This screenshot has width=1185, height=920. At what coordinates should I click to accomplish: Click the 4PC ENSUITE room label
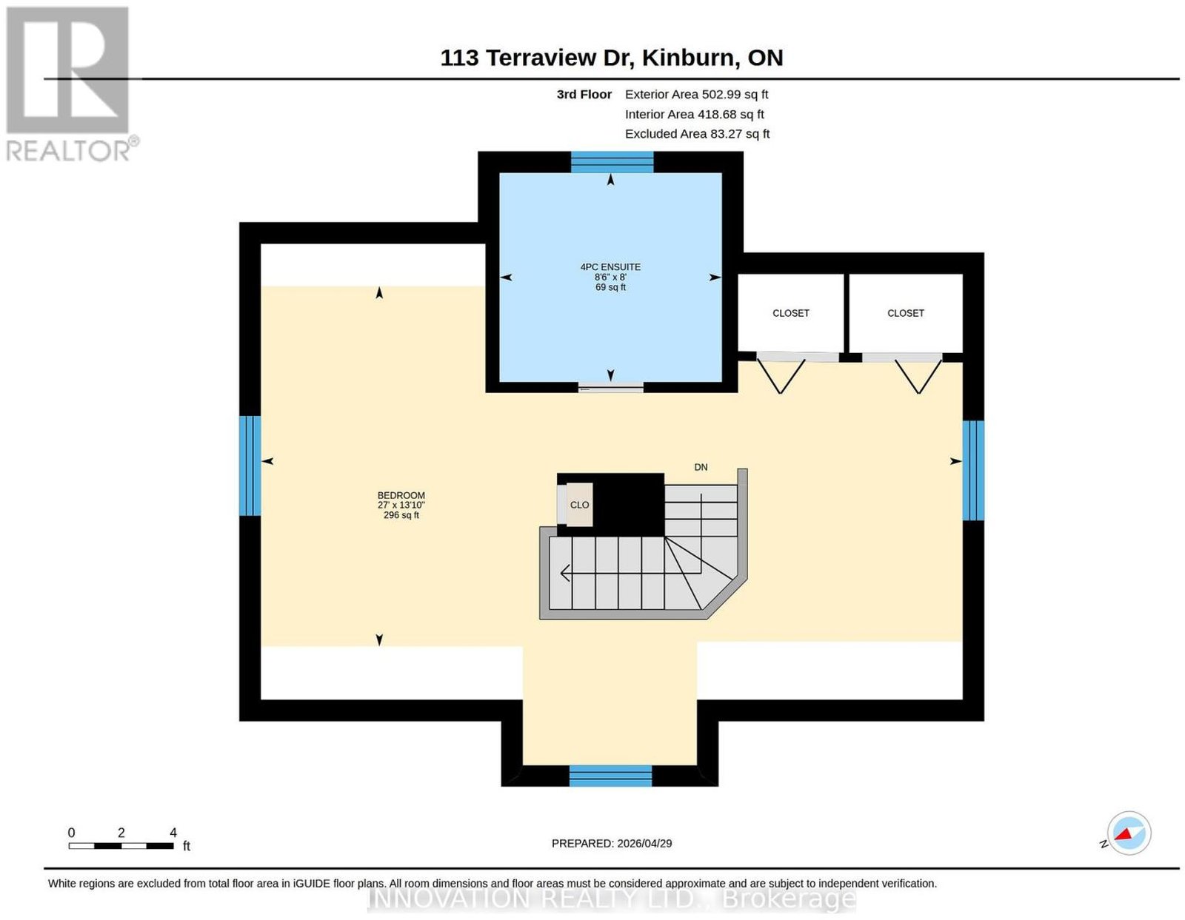[x=610, y=267]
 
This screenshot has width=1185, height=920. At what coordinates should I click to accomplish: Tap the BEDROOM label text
[x=401, y=495]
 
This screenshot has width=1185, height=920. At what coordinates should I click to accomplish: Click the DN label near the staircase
[x=700, y=467]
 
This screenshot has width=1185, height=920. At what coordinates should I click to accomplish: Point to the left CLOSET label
[x=790, y=313]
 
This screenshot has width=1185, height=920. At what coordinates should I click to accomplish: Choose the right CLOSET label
[x=905, y=313]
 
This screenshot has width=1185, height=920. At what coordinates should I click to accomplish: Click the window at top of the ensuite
[x=611, y=162]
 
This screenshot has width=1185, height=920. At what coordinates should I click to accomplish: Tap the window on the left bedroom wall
[x=250, y=466]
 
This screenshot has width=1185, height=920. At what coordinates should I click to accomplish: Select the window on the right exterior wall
[x=972, y=471]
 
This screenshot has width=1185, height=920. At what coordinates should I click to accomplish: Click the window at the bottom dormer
[x=610, y=775]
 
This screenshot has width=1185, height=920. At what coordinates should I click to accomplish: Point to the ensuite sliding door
[x=610, y=388]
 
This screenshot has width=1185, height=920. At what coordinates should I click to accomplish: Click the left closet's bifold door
[x=797, y=357]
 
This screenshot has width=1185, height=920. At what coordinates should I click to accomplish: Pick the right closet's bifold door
[x=902, y=357]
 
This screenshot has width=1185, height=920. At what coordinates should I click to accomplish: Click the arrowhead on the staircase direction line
[x=565, y=573]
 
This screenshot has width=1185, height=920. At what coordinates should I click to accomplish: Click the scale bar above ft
[x=121, y=846]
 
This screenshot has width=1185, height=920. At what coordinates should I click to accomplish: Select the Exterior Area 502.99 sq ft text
[x=696, y=94]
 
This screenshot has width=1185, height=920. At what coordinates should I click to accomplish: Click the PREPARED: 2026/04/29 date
[x=611, y=843]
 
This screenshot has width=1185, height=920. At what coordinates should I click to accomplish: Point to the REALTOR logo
[x=71, y=84]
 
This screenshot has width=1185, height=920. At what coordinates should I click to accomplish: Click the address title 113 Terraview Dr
[x=537, y=58]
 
